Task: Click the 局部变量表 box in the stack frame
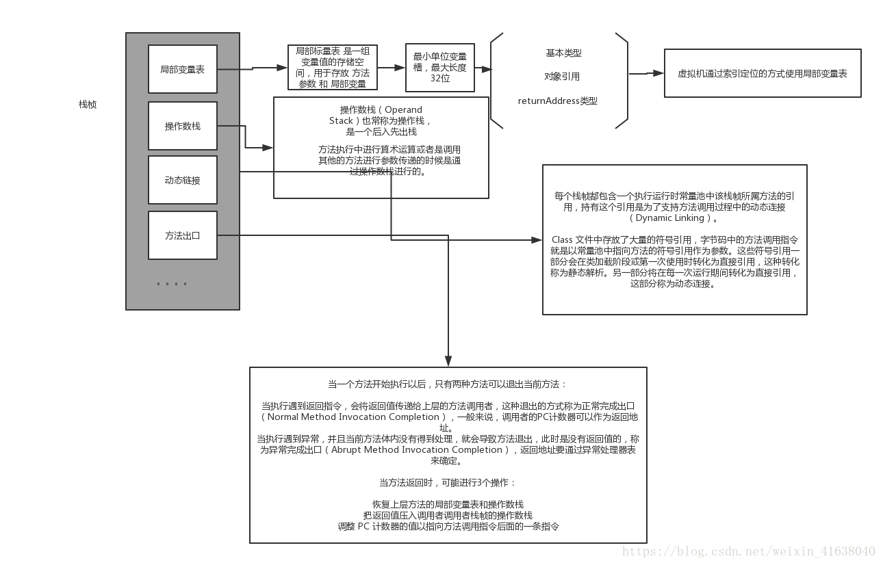click(x=183, y=69)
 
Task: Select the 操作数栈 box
click(x=183, y=126)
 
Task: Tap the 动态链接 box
click(x=183, y=181)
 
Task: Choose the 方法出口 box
click(x=183, y=235)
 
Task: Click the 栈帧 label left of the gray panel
click(x=88, y=105)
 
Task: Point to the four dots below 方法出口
click(x=171, y=283)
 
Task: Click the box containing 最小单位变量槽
click(x=440, y=67)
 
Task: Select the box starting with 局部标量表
click(x=333, y=67)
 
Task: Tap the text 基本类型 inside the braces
click(x=563, y=53)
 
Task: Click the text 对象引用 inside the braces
click(x=562, y=77)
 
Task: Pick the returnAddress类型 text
click(x=557, y=101)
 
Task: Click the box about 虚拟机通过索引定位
click(x=762, y=73)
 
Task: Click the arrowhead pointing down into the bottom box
click(x=448, y=362)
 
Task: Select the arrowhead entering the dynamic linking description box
click(x=536, y=239)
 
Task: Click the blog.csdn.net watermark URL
click(x=748, y=551)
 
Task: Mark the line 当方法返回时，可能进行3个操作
click(x=448, y=482)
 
